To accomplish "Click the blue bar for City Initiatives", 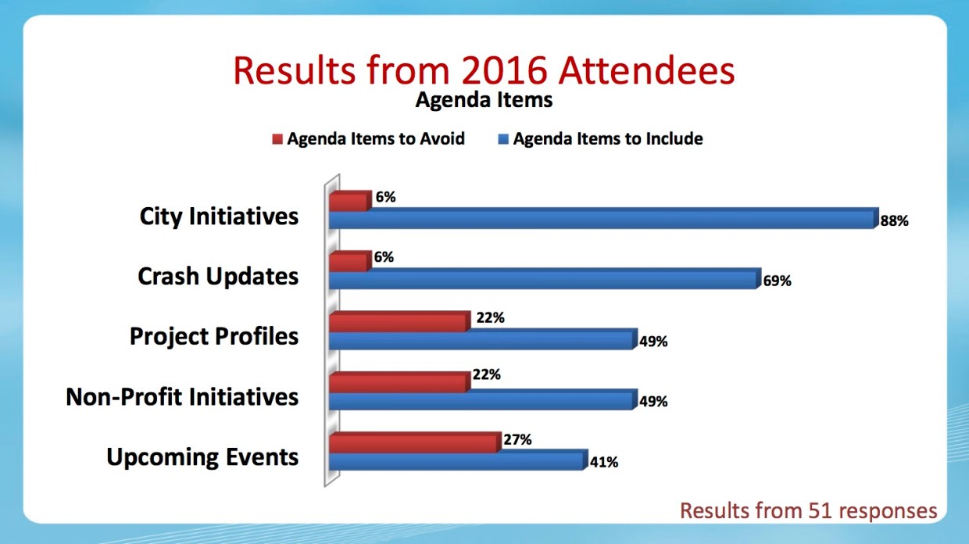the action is pos(603,218).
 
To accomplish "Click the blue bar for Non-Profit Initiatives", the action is pos(483,399).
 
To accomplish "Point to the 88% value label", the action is pos(894,221).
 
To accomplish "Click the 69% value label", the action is pos(777,281).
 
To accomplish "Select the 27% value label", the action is pos(517,440).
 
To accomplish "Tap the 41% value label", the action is pos(604,462).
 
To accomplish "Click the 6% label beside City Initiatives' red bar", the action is pos(385,197).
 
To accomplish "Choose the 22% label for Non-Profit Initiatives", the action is pos(486,374).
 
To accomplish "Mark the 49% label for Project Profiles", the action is pos(653,342).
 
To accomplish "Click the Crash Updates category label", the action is pos(218,276).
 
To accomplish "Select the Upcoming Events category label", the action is pos(202,457).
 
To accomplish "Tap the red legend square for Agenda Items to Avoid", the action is pos(277,139).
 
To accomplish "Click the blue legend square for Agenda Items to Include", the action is pos(503,139).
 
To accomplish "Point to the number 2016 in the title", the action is pos(505,70).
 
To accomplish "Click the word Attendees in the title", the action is pos(647,70).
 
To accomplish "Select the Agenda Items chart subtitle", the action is pos(484,100).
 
